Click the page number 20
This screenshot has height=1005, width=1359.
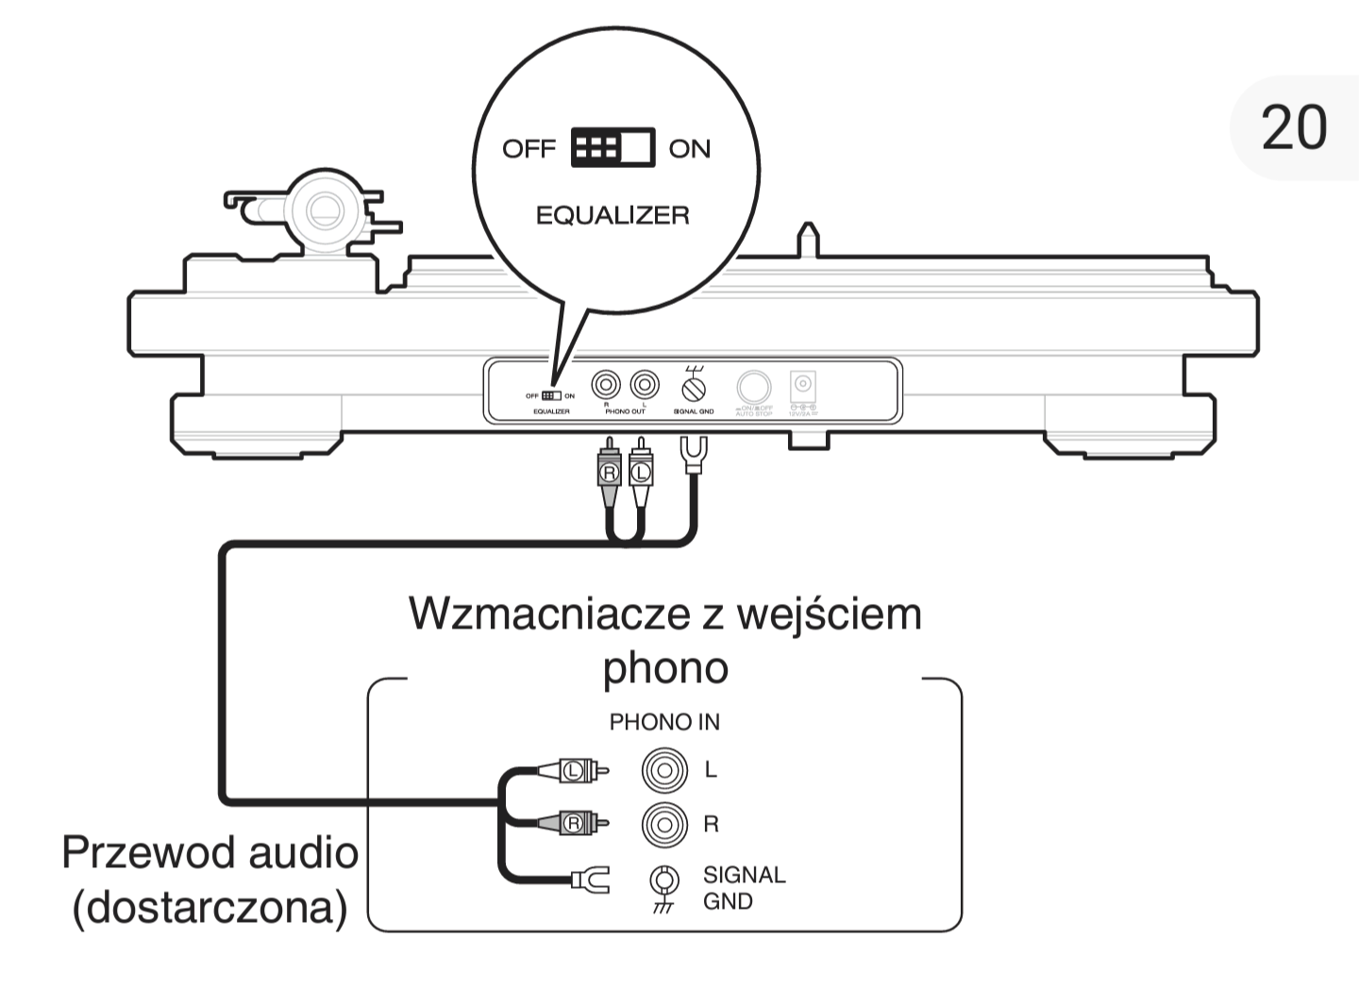[1294, 128]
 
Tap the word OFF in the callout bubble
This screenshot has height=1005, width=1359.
[528, 149]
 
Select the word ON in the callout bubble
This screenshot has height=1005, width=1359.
[689, 149]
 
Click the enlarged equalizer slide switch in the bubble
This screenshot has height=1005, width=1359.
[612, 148]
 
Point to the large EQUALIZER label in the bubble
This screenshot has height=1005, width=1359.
[612, 215]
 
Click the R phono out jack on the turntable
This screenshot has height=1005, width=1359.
[606, 385]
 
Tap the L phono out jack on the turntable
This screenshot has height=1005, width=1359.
[645, 385]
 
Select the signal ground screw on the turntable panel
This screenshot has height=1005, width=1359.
[694, 387]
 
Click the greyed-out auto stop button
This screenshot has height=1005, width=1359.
[753, 387]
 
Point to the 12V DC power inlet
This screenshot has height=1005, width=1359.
[803, 385]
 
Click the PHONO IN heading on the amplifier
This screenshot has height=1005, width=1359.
[664, 723]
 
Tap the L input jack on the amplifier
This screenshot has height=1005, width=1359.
[664, 770]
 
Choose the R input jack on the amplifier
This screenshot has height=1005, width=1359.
[664, 825]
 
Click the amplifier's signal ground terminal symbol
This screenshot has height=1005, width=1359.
[665, 883]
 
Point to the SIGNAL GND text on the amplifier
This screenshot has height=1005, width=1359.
[744, 888]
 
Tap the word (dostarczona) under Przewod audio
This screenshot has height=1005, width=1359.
[210, 908]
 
